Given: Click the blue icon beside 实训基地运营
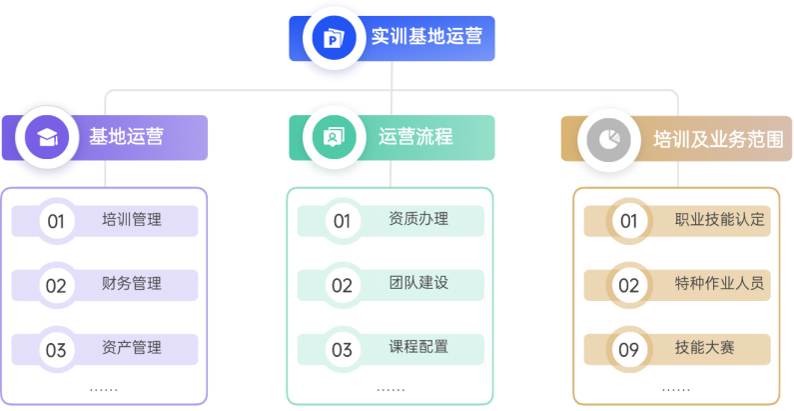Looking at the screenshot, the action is click(x=335, y=38).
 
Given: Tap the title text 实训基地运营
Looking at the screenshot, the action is click(x=426, y=36).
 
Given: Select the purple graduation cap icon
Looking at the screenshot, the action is click(x=47, y=137).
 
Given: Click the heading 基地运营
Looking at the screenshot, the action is click(x=126, y=137).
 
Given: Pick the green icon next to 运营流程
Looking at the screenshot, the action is click(x=335, y=137).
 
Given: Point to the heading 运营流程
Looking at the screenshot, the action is click(x=415, y=137).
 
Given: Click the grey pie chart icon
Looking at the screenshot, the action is click(x=608, y=140).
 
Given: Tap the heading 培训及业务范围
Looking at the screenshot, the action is click(x=718, y=139).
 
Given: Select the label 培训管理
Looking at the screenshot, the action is click(x=132, y=219).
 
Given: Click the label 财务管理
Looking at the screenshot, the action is click(x=132, y=283).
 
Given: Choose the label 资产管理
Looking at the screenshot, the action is click(x=132, y=348).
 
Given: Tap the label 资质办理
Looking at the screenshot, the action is click(x=418, y=219).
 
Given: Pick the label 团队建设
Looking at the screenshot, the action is click(x=418, y=283).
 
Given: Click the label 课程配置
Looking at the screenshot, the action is click(x=418, y=347).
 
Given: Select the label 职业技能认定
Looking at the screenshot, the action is click(x=719, y=219).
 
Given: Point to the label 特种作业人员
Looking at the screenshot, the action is click(x=719, y=283).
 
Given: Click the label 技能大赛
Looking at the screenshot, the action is click(x=704, y=348).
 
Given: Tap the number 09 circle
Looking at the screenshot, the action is click(x=629, y=350).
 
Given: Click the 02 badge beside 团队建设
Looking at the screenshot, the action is click(x=342, y=286).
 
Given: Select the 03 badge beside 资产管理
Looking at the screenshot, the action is click(x=56, y=350).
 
